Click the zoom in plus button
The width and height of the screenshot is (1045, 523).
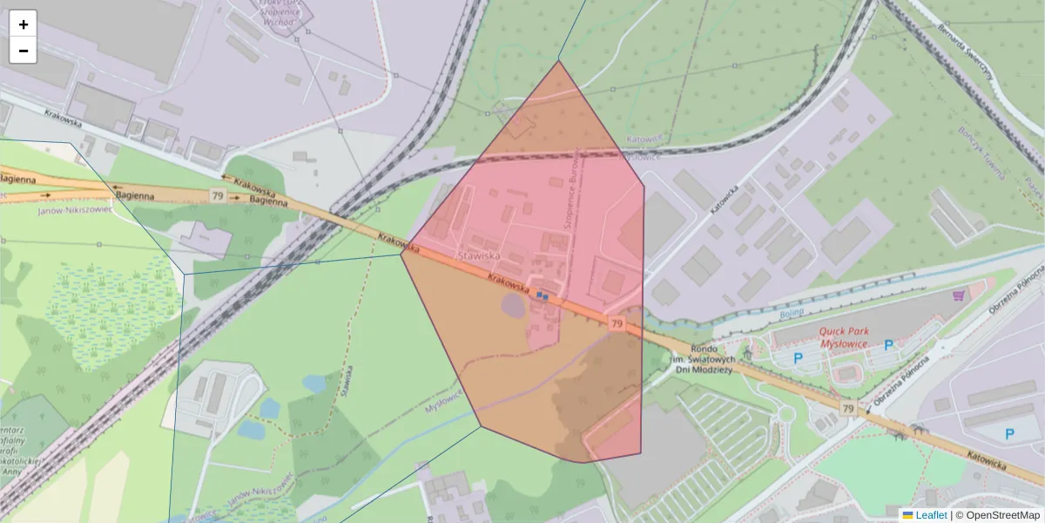click(x=24, y=24)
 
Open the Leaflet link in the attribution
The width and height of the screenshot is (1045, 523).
click(x=930, y=515)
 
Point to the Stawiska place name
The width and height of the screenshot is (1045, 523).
click(x=479, y=256)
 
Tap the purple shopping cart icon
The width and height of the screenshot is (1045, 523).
click(x=960, y=295)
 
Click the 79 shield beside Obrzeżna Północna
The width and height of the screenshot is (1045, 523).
click(x=848, y=408)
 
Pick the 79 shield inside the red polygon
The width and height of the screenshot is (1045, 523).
click(x=617, y=323)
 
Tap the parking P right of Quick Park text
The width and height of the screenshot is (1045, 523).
click(x=888, y=345)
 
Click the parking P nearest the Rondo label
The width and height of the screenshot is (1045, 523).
click(x=798, y=357)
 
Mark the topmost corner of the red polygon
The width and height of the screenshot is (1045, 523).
click(x=559, y=60)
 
